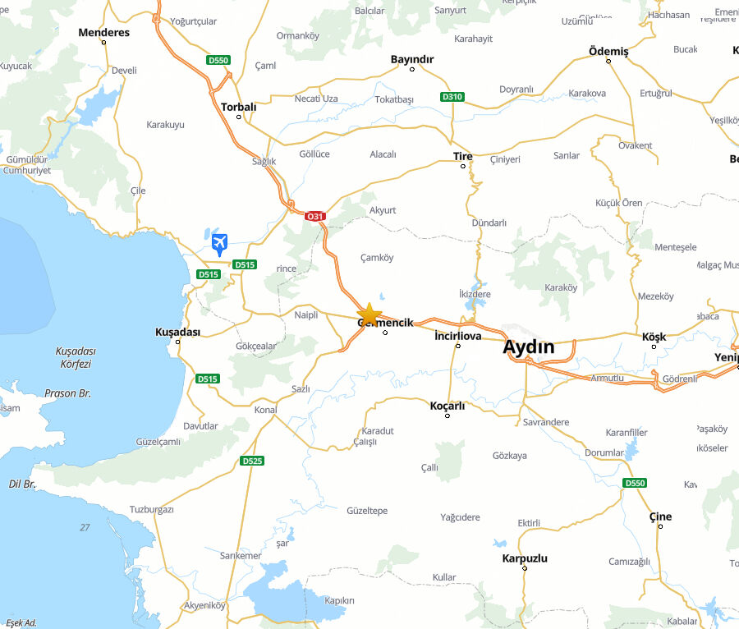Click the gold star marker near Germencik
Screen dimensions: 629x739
(369, 314)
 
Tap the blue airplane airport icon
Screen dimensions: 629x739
(219, 243)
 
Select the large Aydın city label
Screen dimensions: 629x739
(528, 347)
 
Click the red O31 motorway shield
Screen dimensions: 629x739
(314, 217)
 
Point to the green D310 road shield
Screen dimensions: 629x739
(452, 97)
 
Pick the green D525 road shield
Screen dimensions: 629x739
(252, 461)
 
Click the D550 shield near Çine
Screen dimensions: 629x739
(635, 483)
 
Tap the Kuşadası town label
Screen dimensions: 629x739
(177, 332)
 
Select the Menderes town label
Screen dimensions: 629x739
(103, 33)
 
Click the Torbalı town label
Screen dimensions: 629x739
(238, 107)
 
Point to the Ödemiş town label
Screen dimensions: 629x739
(608, 52)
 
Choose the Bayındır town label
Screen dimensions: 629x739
(412, 59)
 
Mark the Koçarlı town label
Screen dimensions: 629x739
(448, 406)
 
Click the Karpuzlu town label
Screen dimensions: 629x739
(524, 558)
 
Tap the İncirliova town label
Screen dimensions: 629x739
(457, 335)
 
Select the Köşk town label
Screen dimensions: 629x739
(654, 337)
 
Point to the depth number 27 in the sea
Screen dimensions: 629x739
(85, 527)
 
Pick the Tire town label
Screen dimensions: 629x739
(462, 156)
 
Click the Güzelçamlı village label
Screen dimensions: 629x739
(158, 441)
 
